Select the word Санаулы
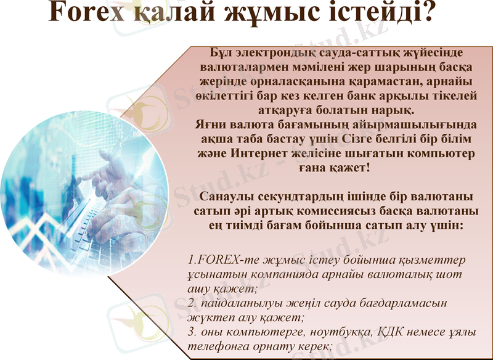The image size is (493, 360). pos(230,197)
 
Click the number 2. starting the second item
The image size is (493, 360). pos(192,303)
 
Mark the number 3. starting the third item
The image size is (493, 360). pos(192,333)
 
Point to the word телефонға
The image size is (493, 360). pos(218,347)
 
